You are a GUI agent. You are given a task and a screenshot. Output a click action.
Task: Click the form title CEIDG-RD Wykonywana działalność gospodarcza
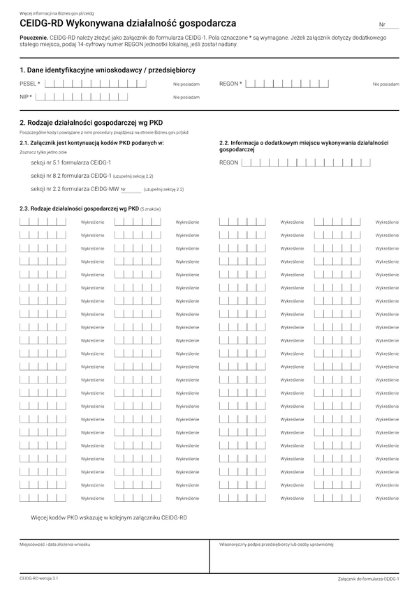[124, 23]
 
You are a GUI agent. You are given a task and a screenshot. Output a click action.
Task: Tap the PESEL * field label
[30, 84]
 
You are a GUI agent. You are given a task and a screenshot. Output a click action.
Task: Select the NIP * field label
[27, 97]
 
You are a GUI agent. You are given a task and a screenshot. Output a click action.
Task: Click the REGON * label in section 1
[230, 84]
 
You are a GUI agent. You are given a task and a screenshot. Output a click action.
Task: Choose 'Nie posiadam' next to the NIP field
[186, 98]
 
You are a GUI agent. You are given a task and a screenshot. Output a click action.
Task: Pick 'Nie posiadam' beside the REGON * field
[385, 84]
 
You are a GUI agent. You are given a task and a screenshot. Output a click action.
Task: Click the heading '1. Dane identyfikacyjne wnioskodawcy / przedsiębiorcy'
[108, 70]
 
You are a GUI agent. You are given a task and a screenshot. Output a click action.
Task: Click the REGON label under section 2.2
[228, 162]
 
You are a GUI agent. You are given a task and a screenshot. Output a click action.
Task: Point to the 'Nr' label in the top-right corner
[382, 24]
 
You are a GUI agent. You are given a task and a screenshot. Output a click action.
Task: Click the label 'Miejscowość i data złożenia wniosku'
[55, 544]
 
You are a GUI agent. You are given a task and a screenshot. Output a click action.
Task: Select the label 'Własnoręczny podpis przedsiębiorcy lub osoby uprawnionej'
[277, 544]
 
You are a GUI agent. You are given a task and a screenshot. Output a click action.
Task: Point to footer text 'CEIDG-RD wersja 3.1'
[39, 579]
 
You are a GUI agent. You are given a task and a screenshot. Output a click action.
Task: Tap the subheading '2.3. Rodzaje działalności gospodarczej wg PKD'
[79, 208]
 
